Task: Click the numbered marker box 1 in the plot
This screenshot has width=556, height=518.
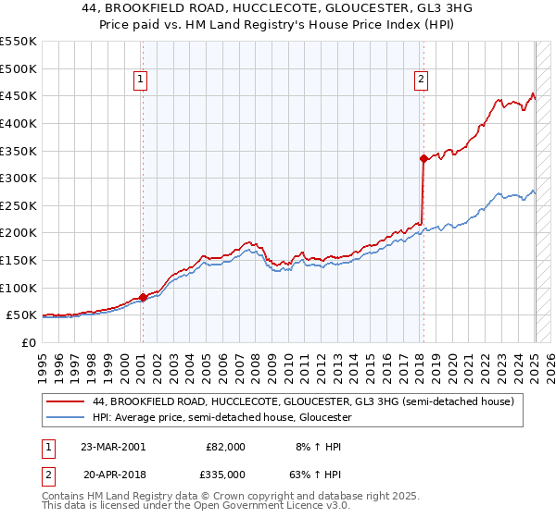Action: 140,80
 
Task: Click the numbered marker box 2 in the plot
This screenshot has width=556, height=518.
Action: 421,80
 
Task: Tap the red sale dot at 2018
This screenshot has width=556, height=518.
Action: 423,158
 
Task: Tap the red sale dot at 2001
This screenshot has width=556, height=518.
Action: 143,297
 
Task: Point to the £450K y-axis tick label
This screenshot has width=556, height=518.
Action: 19,95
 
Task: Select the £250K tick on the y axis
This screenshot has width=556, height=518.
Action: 19,205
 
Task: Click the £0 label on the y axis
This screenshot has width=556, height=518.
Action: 30,342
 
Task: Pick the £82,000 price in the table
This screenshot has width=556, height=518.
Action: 225,446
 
